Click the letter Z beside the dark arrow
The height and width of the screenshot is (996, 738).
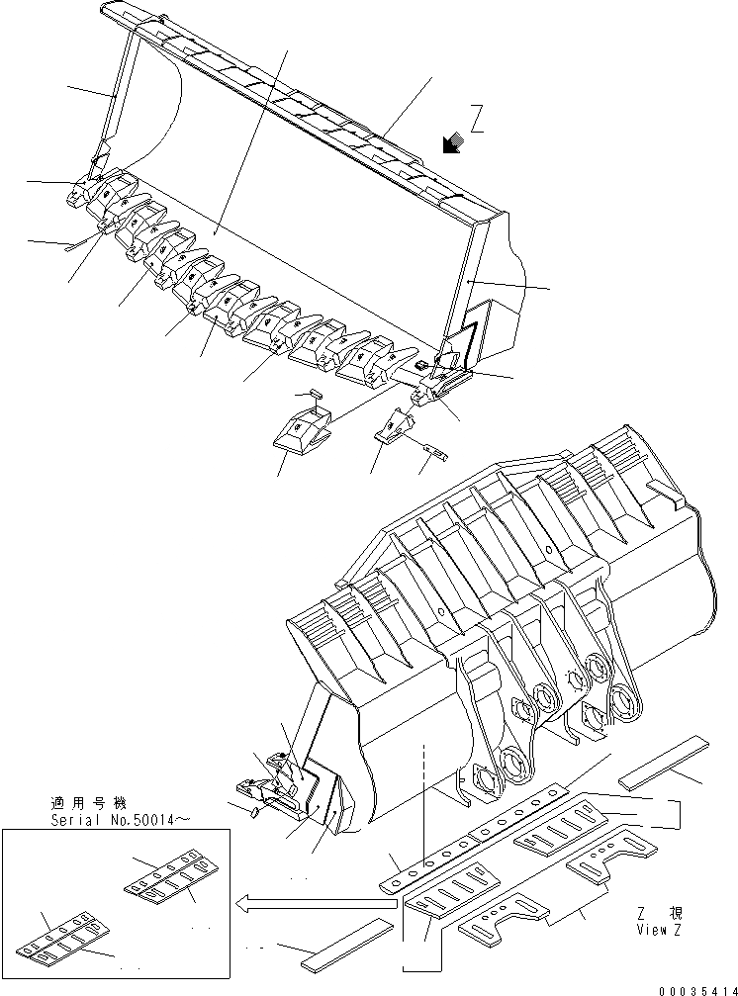(x=477, y=123)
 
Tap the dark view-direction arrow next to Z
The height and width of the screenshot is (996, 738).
(x=452, y=144)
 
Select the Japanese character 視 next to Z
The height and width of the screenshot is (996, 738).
(x=676, y=914)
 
